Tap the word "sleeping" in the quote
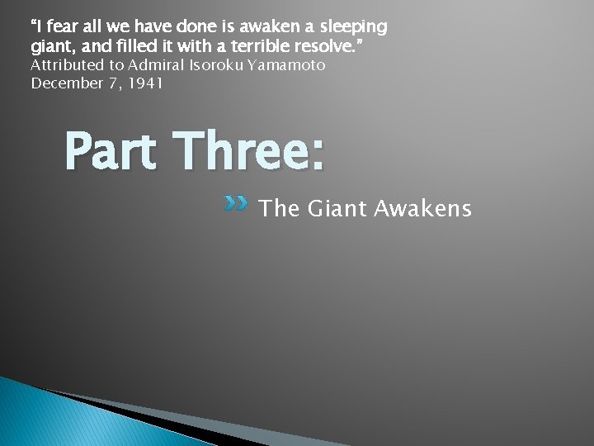click(x=355, y=26)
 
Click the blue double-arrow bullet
click(x=235, y=203)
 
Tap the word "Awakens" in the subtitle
click(x=422, y=209)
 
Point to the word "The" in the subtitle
click(x=279, y=209)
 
